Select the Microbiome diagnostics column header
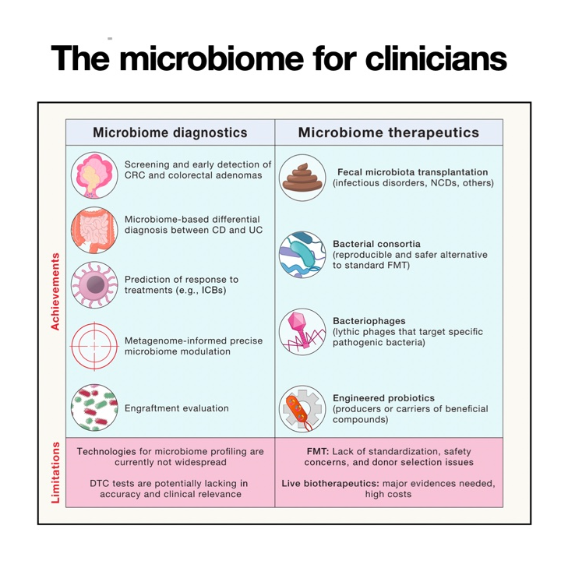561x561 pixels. tap(170, 132)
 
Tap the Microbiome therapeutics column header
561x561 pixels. tap(388, 132)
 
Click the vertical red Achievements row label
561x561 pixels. tap(55, 291)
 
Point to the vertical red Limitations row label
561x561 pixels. tap(55, 473)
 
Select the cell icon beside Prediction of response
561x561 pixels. tap(93, 285)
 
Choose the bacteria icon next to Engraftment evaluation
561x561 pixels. tap(93, 408)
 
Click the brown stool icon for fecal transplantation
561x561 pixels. tap(302, 178)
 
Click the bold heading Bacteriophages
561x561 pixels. tap(369, 320)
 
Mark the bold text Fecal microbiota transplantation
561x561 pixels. tap(413, 172)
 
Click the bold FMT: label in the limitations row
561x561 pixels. tap(321, 451)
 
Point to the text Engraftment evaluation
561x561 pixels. tap(177, 408)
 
